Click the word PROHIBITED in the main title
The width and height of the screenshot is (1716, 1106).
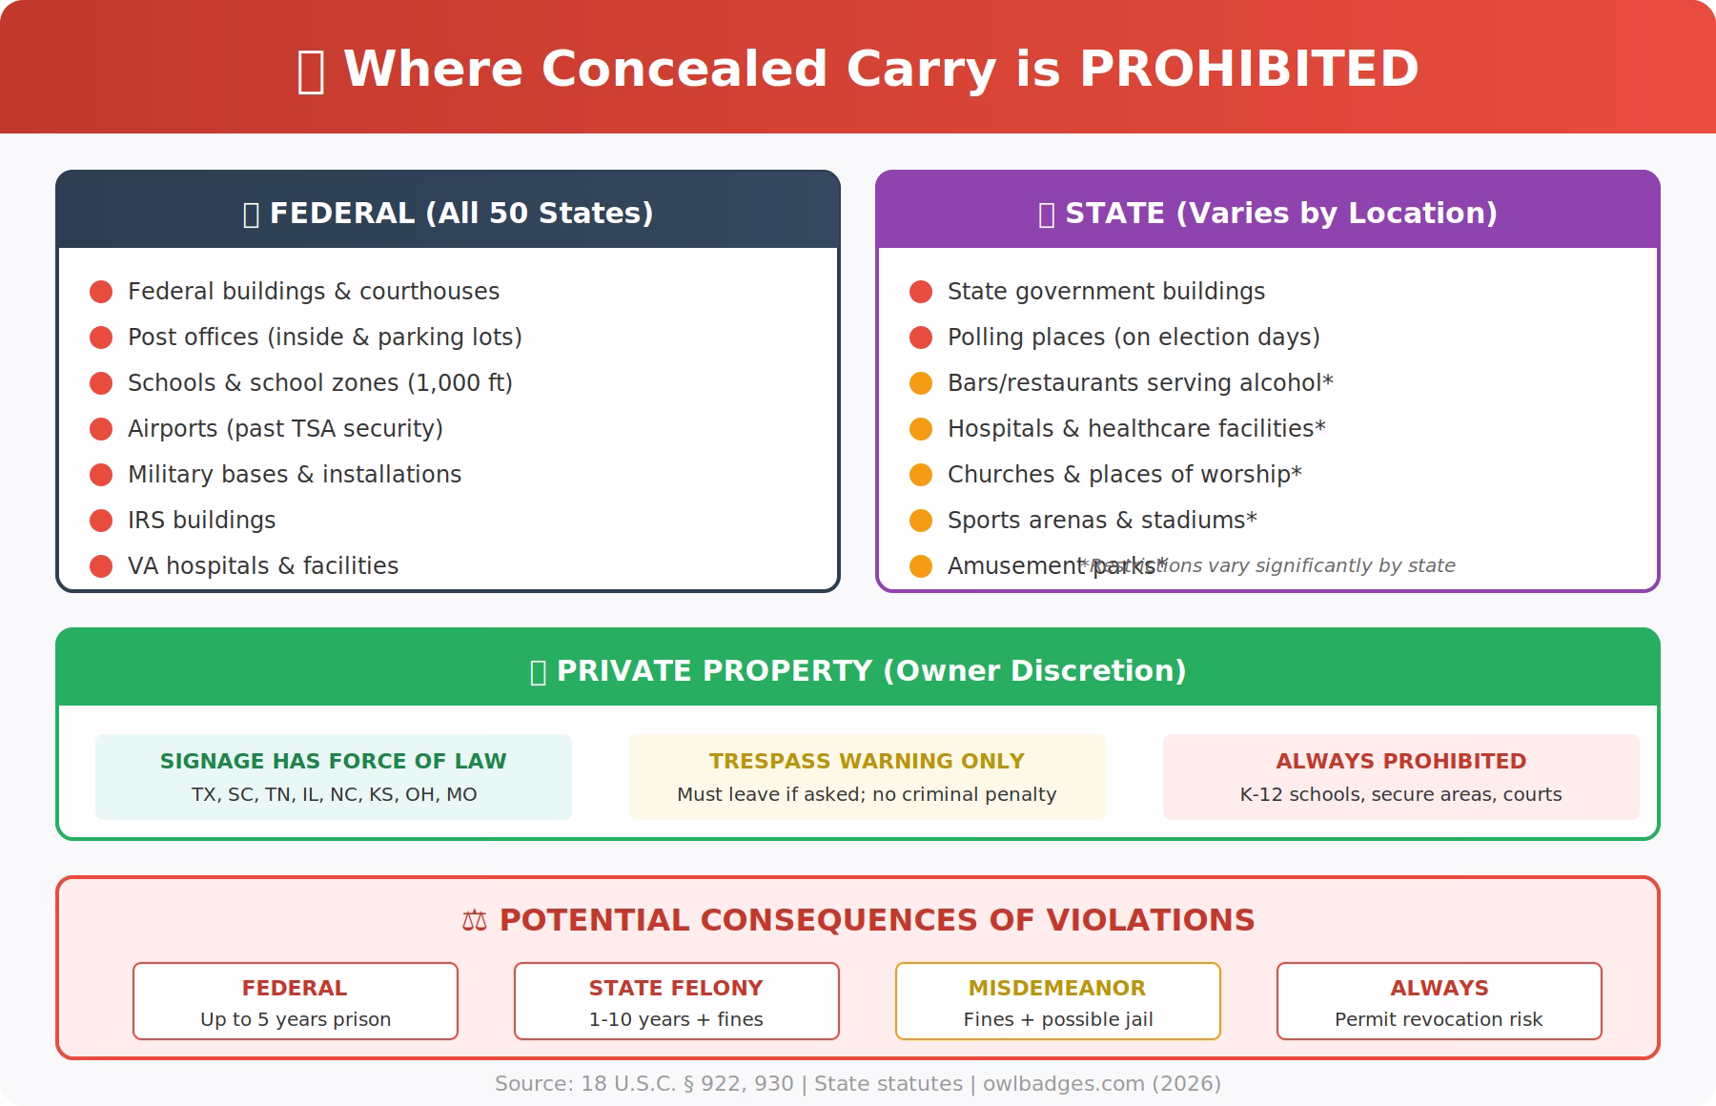click(x=1249, y=70)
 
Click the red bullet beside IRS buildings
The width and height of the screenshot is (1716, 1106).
click(x=101, y=521)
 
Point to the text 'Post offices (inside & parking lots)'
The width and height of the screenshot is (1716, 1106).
click(x=324, y=338)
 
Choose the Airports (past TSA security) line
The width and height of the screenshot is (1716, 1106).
click(x=285, y=429)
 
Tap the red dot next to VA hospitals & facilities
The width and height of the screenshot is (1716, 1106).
click(x=101, y=566)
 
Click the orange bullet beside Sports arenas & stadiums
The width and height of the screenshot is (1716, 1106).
click(x=921, y=521)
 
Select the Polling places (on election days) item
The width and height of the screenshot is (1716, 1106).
click(x=1133, y=338)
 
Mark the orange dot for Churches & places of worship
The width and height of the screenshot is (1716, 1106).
click(x=921, y=475)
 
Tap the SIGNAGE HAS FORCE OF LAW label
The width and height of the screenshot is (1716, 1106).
click(x=333, y=761)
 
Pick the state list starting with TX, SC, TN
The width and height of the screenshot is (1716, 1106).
click(x=334, y=794)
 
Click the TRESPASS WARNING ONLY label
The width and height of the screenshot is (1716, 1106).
click(x=867, y=761)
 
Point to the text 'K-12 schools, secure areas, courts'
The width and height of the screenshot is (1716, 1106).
click(x=1400, y=794)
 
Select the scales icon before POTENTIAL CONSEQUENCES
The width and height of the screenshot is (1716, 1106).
click(x=474, y=920)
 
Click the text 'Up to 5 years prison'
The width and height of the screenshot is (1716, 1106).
click(x=296, y=1019)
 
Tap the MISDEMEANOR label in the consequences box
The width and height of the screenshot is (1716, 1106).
click(x=1057, y=988)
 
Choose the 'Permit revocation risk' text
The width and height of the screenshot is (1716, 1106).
click(x=1439, y=1019)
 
